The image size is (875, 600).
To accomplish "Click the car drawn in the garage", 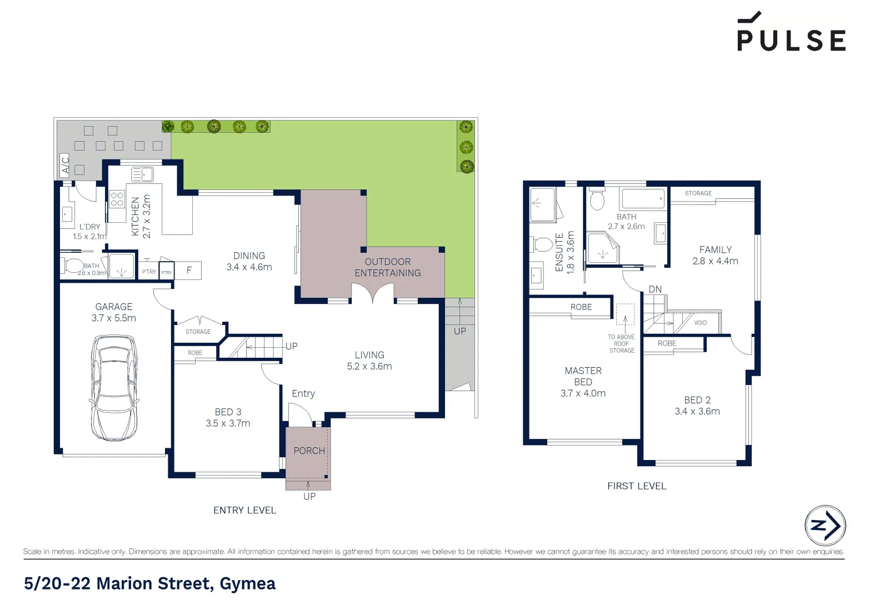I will (114, 387).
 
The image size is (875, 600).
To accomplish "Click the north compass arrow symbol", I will (825, 525).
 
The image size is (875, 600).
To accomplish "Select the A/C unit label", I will (65, 165).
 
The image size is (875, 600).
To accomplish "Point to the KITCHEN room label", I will (135, 216).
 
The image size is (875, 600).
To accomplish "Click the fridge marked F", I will (189, 271).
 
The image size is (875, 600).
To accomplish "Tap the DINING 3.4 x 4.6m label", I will (249, 262).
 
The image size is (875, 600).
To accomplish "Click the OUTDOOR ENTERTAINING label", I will (388, 267).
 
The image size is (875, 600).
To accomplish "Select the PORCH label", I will (309, 451).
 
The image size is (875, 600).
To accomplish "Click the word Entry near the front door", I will (303, 393).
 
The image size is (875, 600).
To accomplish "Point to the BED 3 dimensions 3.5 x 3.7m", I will (228, 423).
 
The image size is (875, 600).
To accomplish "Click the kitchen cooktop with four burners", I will (117, 199).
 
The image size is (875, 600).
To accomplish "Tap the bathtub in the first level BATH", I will (643, 198).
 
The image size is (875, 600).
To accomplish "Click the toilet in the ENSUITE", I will (543, 244).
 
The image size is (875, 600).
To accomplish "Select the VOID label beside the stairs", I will (700, 323).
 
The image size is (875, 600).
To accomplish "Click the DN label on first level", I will (655, 289).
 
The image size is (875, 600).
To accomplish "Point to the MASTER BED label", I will (583, 376).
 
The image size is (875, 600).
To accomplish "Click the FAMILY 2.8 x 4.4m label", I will (715, 256).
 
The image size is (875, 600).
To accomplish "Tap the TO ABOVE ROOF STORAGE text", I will (621, 344).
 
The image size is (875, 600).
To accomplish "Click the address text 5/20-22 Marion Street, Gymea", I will (150, 583).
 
